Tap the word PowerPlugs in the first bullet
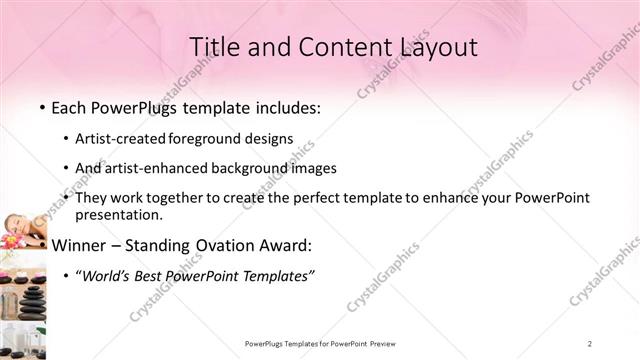pos(132,106)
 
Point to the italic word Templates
pos(278,275)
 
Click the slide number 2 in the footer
pos(590,344)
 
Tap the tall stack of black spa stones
pos(31,300)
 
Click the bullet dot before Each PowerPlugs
pos(42,107)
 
